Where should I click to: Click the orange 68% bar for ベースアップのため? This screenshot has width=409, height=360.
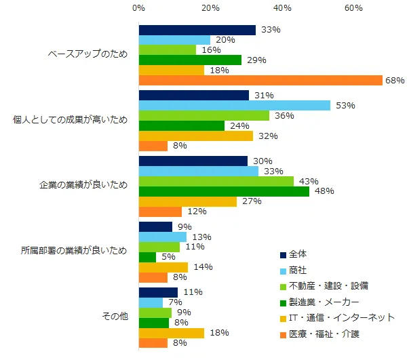click(260, 81)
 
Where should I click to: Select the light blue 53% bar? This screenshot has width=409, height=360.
click(234, 105)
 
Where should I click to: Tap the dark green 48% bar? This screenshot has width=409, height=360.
click(224, 191)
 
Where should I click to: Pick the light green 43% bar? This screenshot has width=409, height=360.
click(216, 181)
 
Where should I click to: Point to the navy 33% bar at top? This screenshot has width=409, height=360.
click(197, 30)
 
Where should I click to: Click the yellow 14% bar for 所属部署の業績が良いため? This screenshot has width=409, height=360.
click(163, 267)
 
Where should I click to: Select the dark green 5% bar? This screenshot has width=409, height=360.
click(147, 257)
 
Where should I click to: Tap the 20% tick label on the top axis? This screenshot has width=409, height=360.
click(210, 8)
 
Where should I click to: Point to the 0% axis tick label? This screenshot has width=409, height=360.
click(138, 8)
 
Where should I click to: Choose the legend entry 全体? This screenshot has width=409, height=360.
click(298, 254)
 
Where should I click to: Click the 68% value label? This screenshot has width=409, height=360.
click(395, 81)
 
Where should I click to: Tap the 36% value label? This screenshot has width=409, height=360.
click(284, 116)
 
